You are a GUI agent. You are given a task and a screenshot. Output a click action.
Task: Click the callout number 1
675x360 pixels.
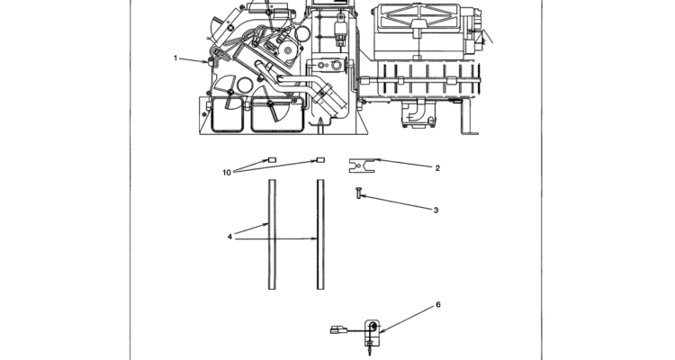175,58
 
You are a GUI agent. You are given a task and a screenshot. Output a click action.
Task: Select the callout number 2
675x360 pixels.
437,168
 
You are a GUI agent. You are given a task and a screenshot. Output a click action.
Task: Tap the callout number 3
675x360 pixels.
436,210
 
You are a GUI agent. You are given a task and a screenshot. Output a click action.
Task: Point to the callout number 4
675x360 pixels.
229,237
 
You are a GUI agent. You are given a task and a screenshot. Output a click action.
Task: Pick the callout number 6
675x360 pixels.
438,305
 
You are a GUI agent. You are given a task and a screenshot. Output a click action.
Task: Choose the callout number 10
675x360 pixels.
227,173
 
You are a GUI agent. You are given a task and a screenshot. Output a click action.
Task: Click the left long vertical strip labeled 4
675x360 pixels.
272,235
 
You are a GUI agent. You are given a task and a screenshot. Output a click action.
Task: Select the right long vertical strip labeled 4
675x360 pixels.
320,235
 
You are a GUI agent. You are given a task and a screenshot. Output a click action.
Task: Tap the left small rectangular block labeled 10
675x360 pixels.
272,160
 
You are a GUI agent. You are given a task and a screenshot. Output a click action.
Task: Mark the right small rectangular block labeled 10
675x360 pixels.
320,160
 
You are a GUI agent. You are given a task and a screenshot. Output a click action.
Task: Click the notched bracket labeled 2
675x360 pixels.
362,166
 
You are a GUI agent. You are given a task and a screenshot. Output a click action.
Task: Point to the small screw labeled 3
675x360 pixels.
358,193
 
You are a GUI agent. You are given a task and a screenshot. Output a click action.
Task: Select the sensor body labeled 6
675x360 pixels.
373,333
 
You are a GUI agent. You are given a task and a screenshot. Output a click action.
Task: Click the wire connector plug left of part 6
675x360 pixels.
338,330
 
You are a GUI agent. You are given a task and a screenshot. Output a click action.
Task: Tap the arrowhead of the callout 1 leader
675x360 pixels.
207,62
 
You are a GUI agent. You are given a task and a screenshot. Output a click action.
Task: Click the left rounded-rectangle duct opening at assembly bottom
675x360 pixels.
229,114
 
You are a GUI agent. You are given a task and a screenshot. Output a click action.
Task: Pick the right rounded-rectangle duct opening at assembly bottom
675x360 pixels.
278,114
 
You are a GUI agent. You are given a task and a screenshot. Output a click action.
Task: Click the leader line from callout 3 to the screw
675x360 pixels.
396,202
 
